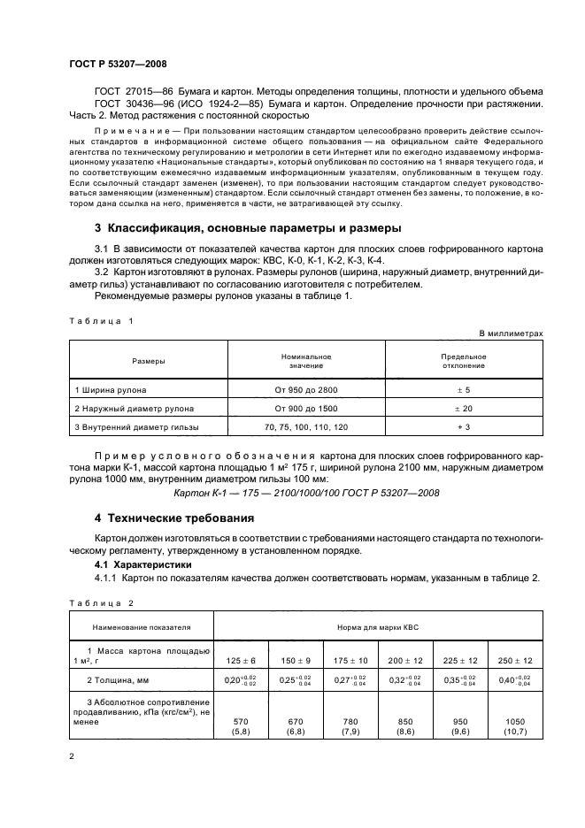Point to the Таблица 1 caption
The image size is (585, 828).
(100, 321)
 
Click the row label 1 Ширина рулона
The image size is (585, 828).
(112, 389)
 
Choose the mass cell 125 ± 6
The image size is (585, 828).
(241, 660)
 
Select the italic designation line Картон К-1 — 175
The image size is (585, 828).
(305, 493)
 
